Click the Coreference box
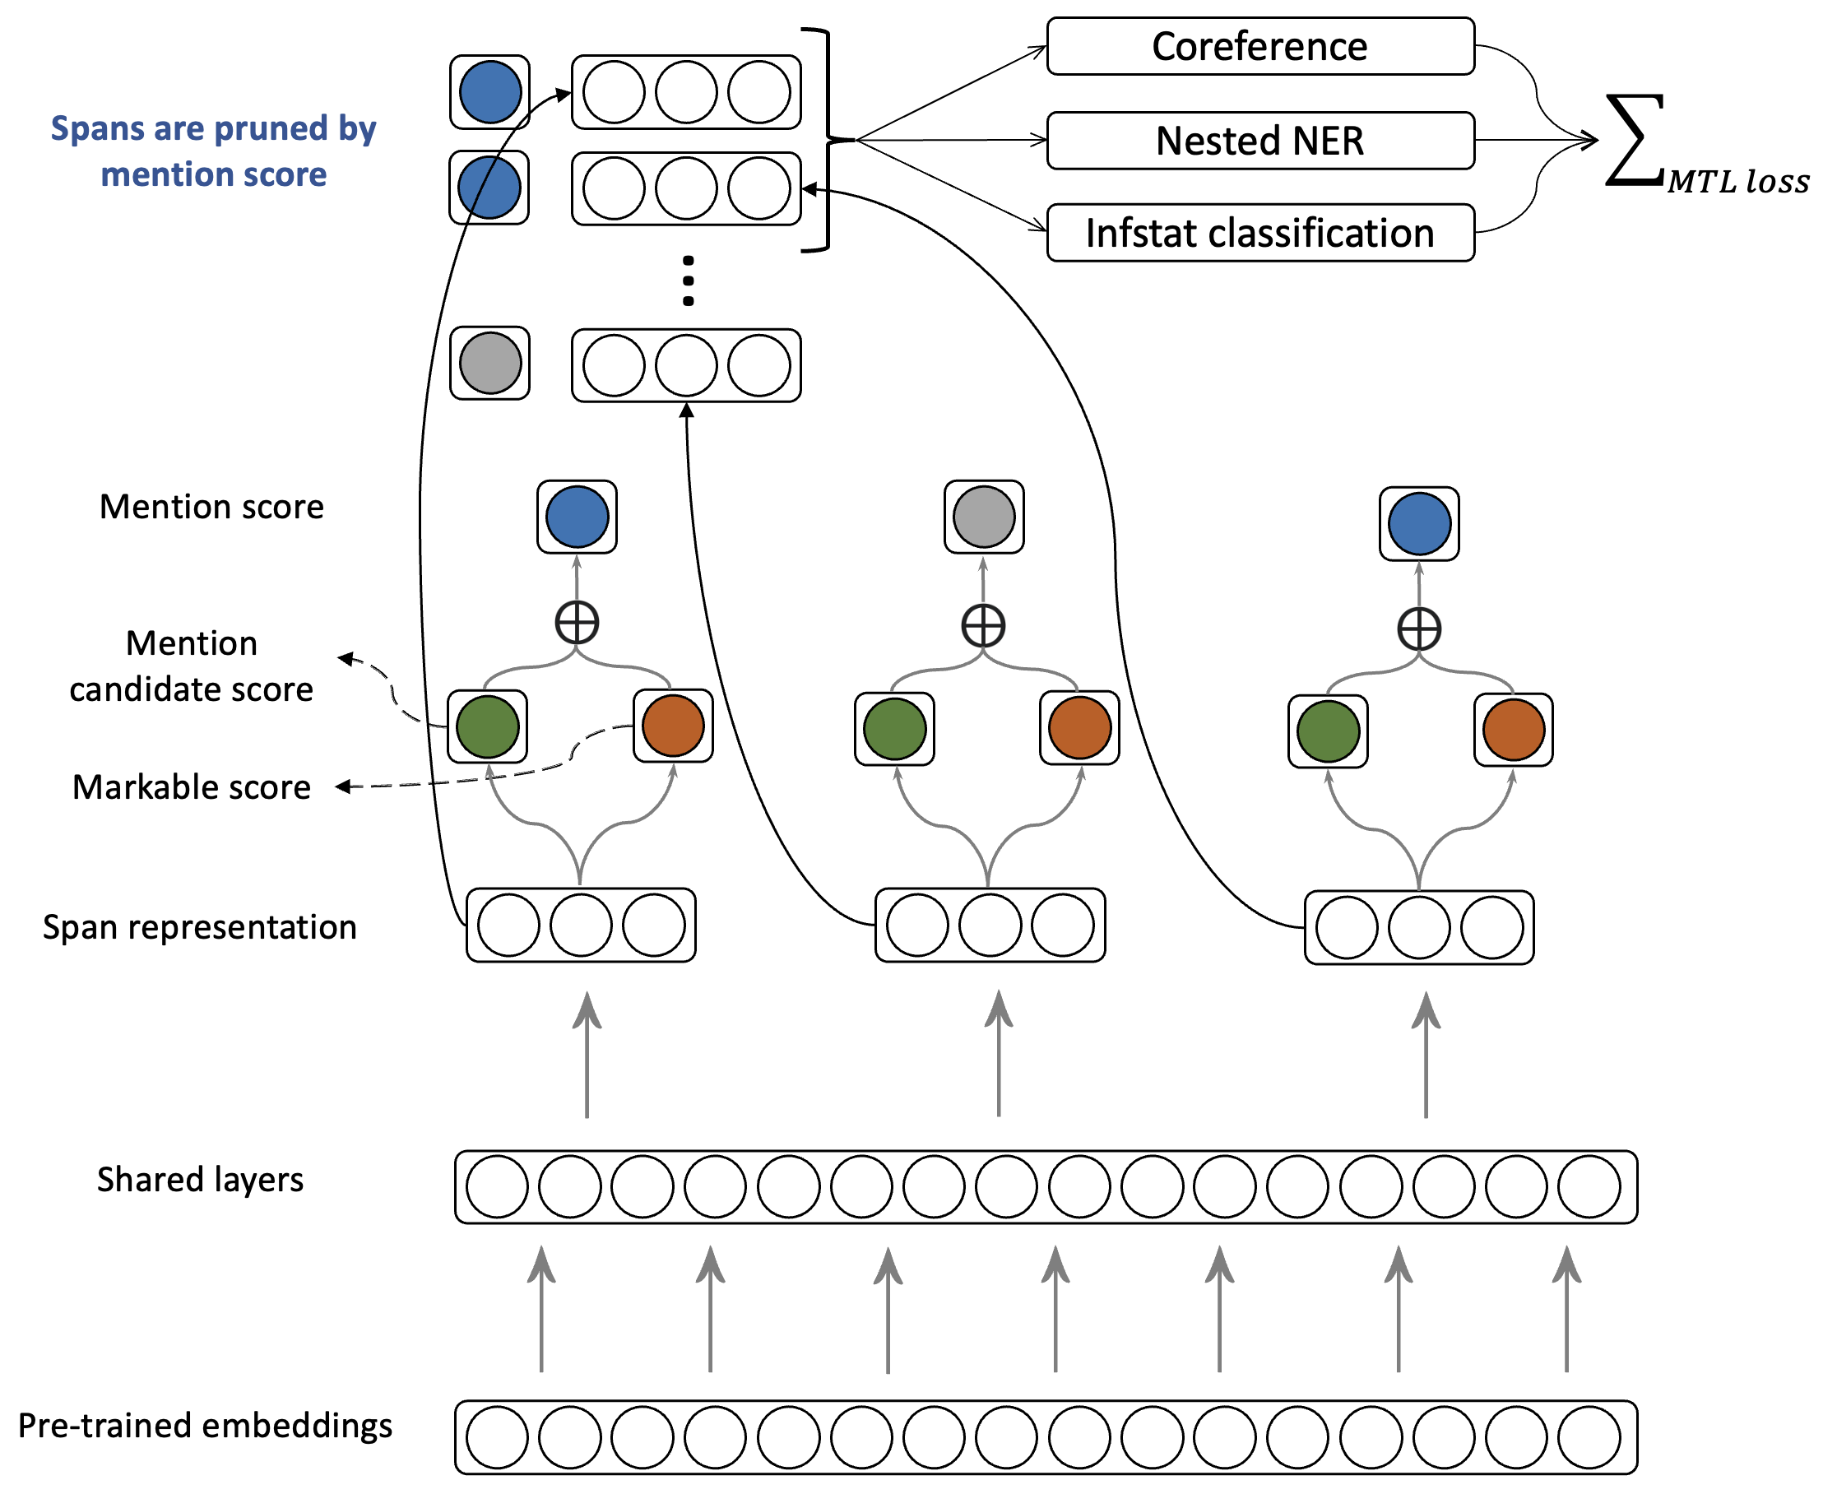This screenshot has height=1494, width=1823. click(1259, 46)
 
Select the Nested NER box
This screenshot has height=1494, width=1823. click(1259, 141)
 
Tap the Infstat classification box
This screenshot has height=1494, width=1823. click(1259, 233)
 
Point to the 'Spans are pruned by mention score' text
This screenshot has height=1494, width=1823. click(213, 151)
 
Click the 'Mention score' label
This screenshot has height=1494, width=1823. click(211, 507)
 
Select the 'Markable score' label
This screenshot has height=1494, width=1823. click(191, 786)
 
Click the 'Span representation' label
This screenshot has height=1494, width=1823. click(200, 927)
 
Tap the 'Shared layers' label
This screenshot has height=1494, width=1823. click(200, 1179)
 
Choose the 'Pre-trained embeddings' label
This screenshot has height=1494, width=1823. click(205, 1425)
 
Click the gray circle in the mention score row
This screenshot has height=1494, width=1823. click(984, 517)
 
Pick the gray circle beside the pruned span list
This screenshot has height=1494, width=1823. click(489, 363)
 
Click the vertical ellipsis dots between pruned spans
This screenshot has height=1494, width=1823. click(688, 281)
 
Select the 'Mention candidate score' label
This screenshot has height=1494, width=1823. click(191, 666)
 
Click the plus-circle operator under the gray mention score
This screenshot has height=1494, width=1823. click(983, 626)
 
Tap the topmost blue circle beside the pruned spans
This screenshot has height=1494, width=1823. click(489, 92)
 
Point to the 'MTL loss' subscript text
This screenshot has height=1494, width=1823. click(1737, 182)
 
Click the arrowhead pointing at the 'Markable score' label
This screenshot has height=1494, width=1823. click(342, 786)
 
